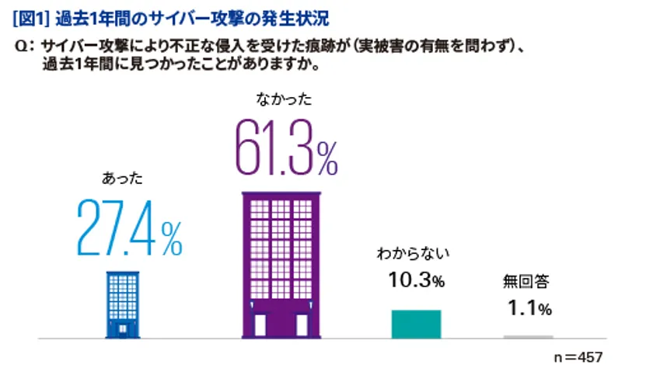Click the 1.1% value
pyautogui.click(x=529, y=308)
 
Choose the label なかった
pyautogui.click(x=282, y=99)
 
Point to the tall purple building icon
pyautogui.click(x=281, y=265)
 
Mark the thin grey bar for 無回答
pyautogui.click(x=528, y=336)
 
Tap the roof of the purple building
pyautogui.click(x=281, y=196)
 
